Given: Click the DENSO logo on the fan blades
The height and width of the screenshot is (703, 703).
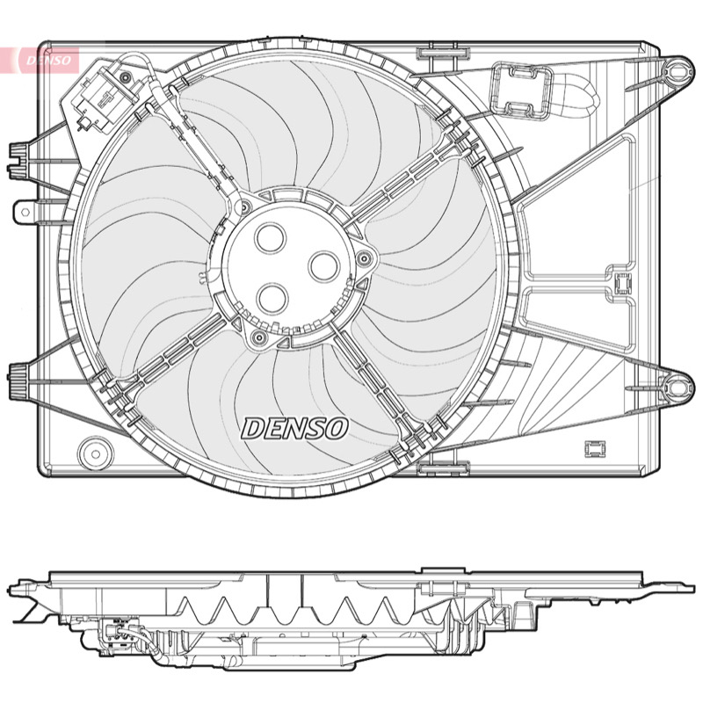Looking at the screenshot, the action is pos(294,428).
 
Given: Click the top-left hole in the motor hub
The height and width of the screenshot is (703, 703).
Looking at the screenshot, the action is pos(271,237).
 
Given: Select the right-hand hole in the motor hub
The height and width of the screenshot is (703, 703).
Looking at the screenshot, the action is pos(323,266).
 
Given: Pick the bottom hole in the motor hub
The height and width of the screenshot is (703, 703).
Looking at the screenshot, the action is pos(272,299).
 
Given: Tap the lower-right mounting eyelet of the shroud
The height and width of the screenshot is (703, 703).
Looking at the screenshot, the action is pos(676,386).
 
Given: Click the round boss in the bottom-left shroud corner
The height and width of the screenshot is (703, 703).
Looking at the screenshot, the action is pos(96,454).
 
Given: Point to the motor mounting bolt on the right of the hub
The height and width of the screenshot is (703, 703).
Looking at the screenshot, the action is pos(365,257).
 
